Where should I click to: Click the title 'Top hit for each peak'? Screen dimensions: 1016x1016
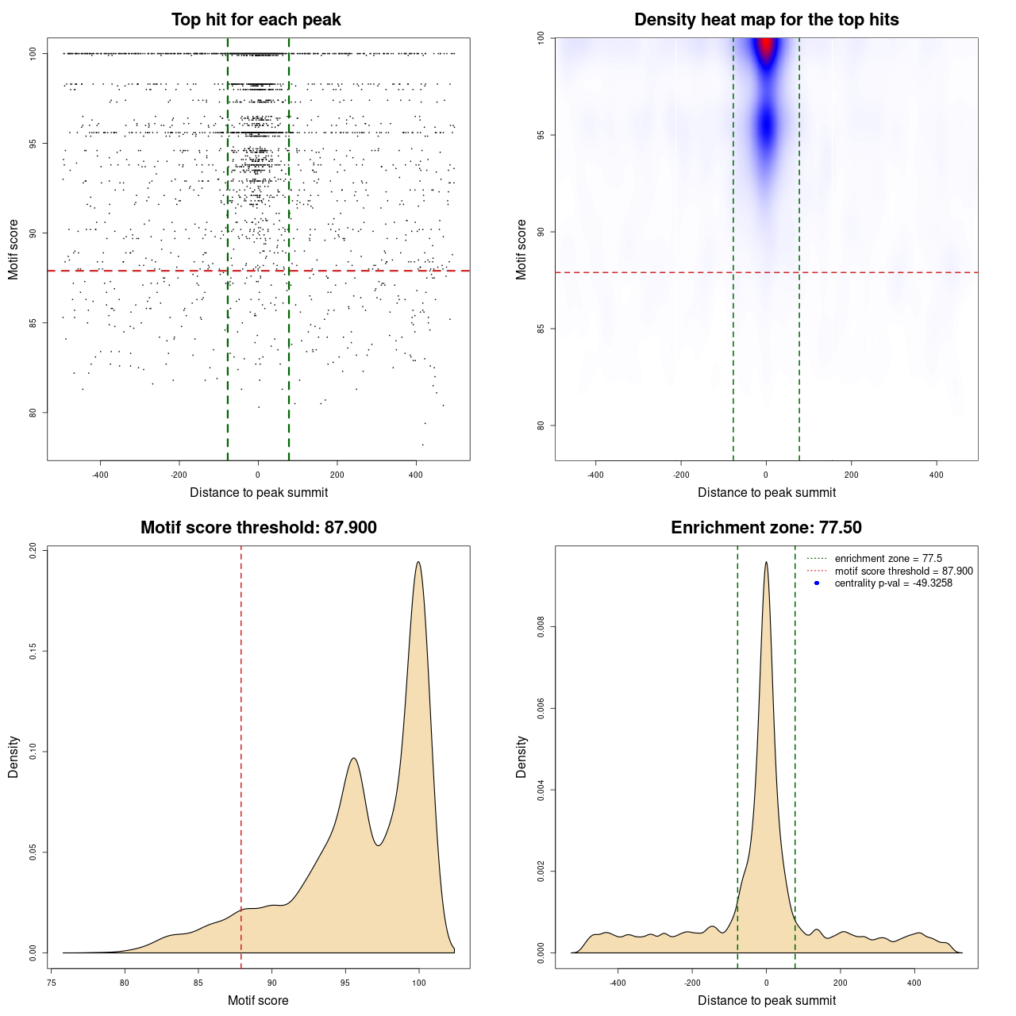click(x=256, y=20)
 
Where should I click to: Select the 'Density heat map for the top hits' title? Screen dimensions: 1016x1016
click(x=766, y=20)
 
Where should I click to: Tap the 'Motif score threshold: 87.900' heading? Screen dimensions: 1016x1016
click(x=258, y=528)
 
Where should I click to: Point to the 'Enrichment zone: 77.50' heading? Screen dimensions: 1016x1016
click(x=766, y=528)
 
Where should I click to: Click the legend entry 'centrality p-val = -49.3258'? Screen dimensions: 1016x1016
click(x=893, y=583)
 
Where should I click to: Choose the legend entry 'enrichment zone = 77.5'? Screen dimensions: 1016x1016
click(x=888, y=559)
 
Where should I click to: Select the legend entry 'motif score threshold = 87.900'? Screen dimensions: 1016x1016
click(x=903, y=571)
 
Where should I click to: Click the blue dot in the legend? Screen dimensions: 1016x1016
click(x=817, y=583)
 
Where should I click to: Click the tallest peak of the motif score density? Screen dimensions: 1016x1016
click(x=418, y=563)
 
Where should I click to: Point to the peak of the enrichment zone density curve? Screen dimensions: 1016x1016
click(x=766, y=563)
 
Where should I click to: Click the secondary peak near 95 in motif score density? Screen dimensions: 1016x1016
click(x=354, y=759)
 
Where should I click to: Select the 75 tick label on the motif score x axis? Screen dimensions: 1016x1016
click(x=52, y=983)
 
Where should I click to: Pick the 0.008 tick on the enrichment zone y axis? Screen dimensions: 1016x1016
click(x=541, y=627)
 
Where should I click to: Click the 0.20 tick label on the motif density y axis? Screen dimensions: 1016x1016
click(x=33, y=550)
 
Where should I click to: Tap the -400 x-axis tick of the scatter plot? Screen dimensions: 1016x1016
click(x=100, y=475)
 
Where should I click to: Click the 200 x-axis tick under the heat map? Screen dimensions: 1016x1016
click(x=852, y=475)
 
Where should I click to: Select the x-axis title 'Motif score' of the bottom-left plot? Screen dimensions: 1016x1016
click(x=258, y=1000)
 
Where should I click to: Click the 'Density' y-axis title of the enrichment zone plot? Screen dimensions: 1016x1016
click(x=521, y=756)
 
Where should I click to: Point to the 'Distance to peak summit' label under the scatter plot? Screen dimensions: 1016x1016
click(x=259, y=493)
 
